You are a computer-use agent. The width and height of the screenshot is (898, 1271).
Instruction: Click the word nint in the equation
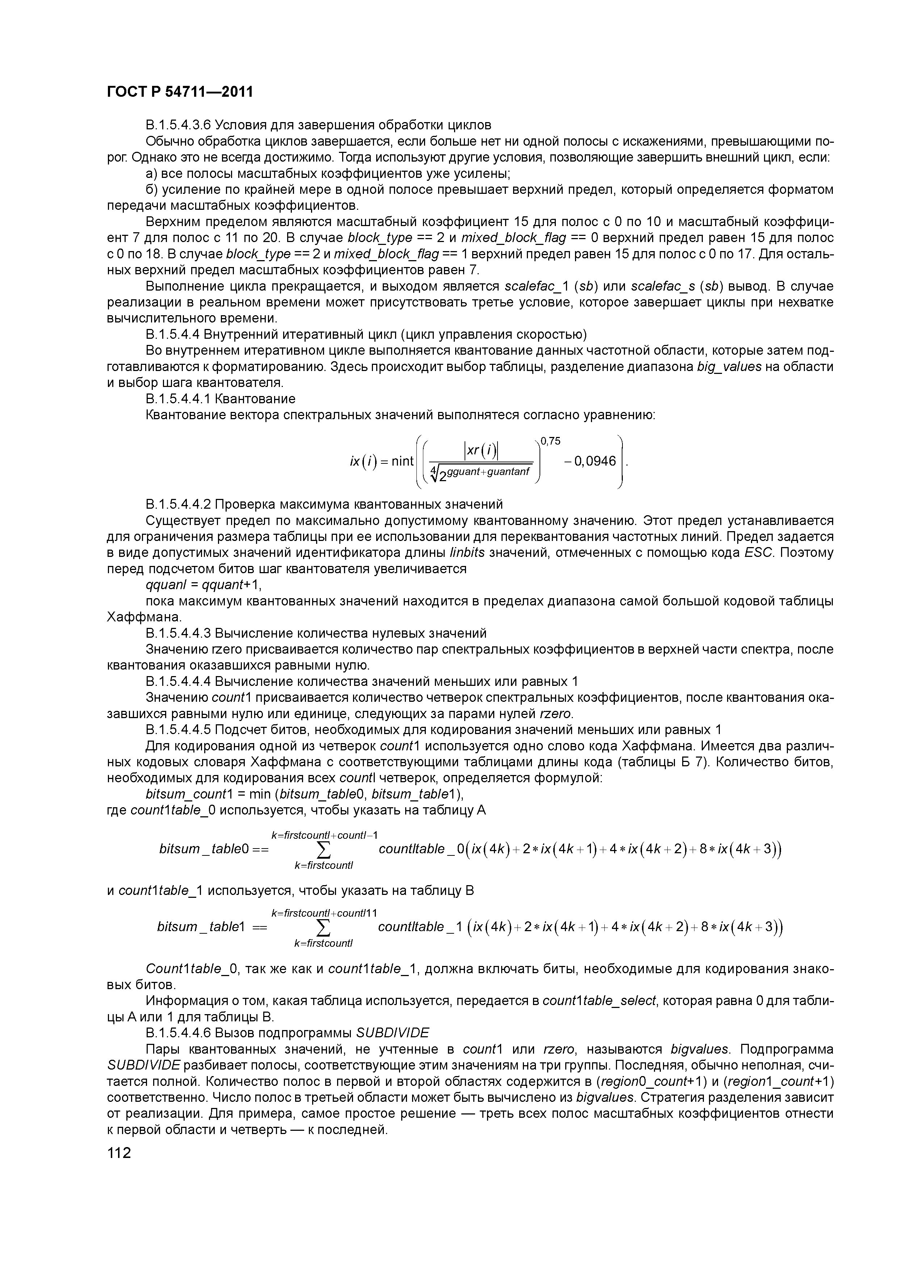pos(402,461)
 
